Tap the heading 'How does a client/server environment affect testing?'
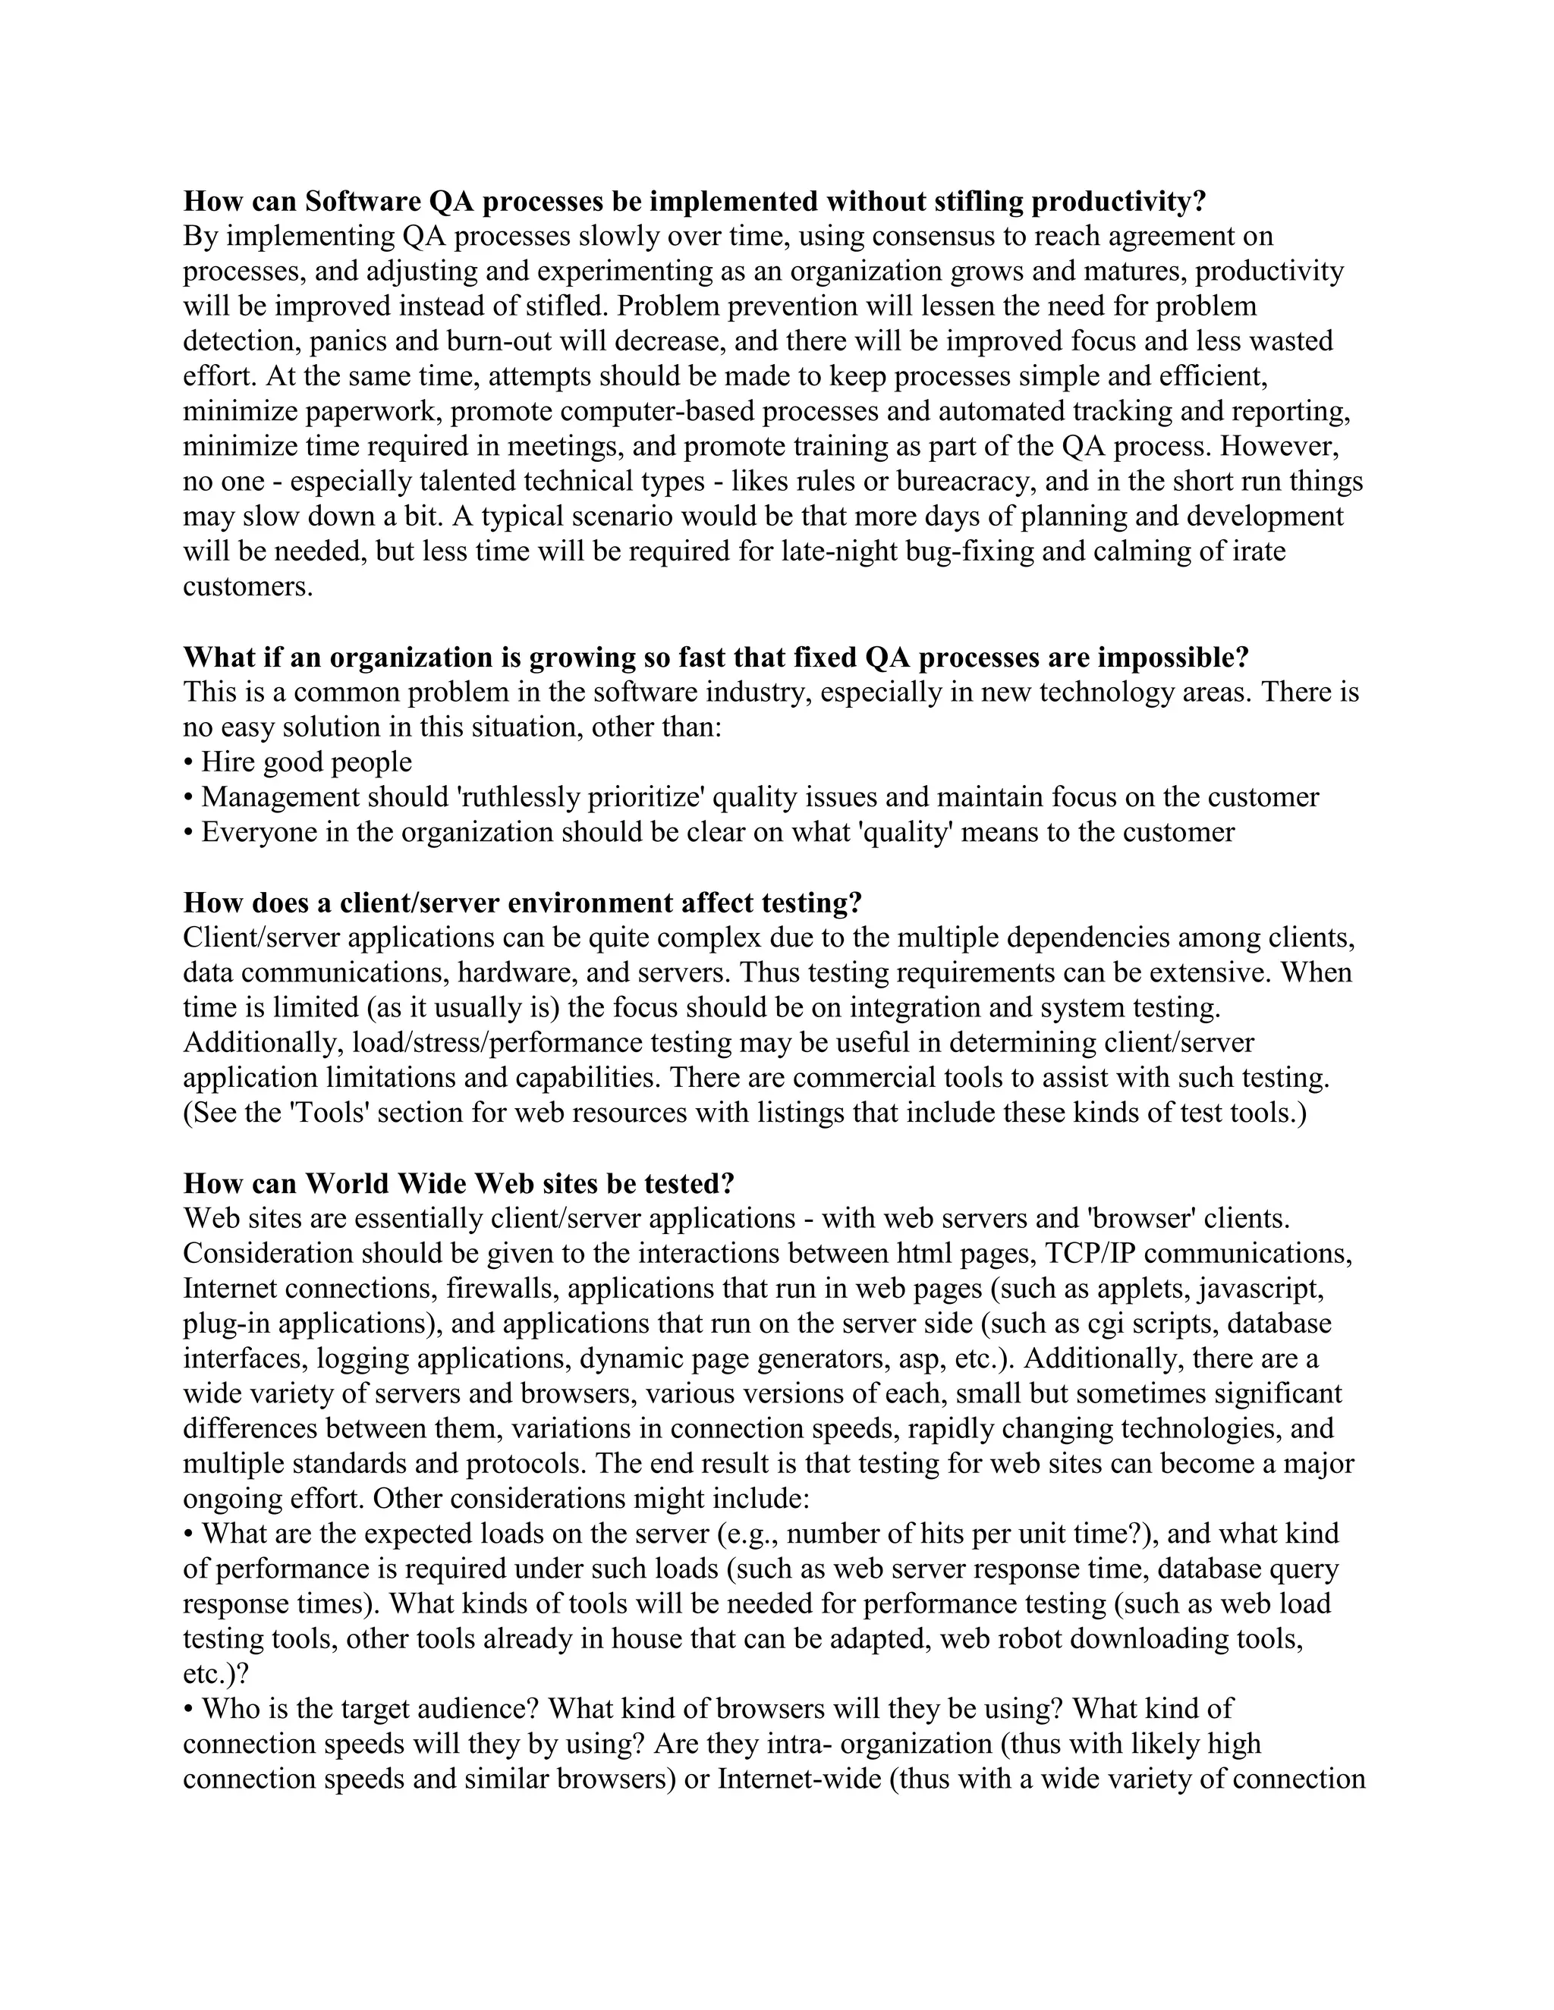522,903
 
